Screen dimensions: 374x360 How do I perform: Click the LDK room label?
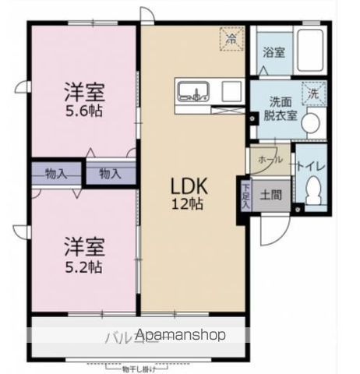pyautogui.click(x=188, y=187)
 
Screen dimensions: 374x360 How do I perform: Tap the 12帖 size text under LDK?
pyautogui.click(x=188, y=205)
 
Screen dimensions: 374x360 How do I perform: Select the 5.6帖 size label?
pyautogui.click(x=83, y=110)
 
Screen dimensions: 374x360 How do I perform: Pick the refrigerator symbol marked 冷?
pyautogui.click(x=231, y=37)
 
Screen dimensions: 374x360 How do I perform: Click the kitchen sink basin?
pyautogui.click(x=191, y=92)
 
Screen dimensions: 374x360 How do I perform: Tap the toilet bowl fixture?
pyautogui.click(x=313, y=189)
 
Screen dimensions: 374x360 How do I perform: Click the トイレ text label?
pyautogui.click(x=312, y=166)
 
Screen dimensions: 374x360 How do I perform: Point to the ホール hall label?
pyautogui.click(x=270, y=159)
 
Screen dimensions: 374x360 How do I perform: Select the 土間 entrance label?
pyautogui.click(x=271, y=193)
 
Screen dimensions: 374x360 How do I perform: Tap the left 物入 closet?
pyautogui.click(x=55, y=173)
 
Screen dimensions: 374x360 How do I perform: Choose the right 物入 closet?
pyautogui.click(x=110, y=173)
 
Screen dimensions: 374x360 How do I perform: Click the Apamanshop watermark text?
pyautogui.click(x=181, y=335)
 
